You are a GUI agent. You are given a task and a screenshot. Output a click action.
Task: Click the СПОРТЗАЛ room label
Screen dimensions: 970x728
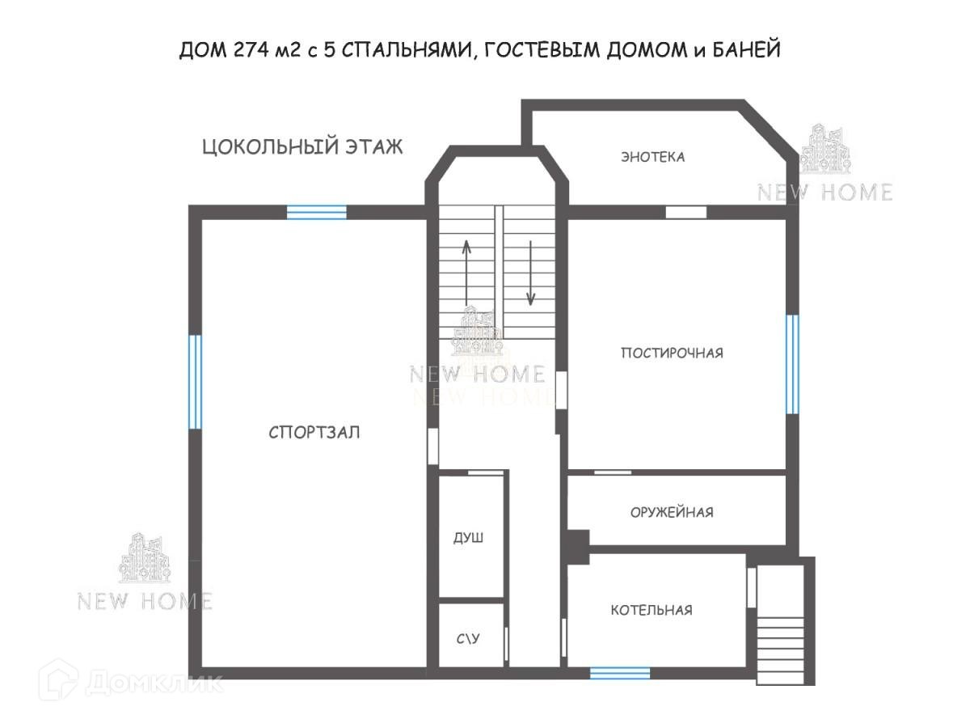[x=314, y=432]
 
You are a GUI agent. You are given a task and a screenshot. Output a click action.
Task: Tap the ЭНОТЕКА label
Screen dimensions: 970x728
[x=652, y=157]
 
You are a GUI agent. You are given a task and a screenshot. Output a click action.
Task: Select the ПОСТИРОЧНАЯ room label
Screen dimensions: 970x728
[x=672, y=353]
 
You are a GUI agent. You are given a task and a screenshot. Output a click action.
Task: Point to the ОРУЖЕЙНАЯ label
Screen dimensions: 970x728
[x=672, y=512]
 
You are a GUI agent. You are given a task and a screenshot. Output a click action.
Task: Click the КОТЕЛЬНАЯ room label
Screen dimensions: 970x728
[x=652, y=611]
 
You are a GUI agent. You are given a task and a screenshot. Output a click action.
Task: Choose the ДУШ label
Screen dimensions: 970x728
[x=468, y=538]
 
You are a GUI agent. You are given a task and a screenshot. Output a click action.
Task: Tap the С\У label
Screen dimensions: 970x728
[x=468, y=639]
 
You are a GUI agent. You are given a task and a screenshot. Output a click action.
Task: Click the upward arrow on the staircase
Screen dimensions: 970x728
[x=466, y=273]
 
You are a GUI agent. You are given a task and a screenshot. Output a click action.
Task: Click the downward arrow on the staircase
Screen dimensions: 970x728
[x=530, y=273]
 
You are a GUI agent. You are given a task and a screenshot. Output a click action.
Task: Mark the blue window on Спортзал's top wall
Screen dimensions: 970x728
[x=316, y=212]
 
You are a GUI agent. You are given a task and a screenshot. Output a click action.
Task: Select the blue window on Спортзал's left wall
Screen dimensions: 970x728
[x=195, y=382]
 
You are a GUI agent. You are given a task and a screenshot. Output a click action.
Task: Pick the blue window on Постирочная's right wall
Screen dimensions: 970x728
[x=792, y=364]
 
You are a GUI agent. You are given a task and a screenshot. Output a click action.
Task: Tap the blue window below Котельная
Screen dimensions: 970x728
[x=620, y=673]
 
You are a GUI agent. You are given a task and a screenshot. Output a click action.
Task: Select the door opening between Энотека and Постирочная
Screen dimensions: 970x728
[x=685, y=212]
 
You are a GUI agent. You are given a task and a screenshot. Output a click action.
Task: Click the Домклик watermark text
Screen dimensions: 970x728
[x=154, y=683]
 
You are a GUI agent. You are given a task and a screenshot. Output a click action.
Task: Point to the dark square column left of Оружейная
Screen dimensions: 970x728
[x=578, y=548]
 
